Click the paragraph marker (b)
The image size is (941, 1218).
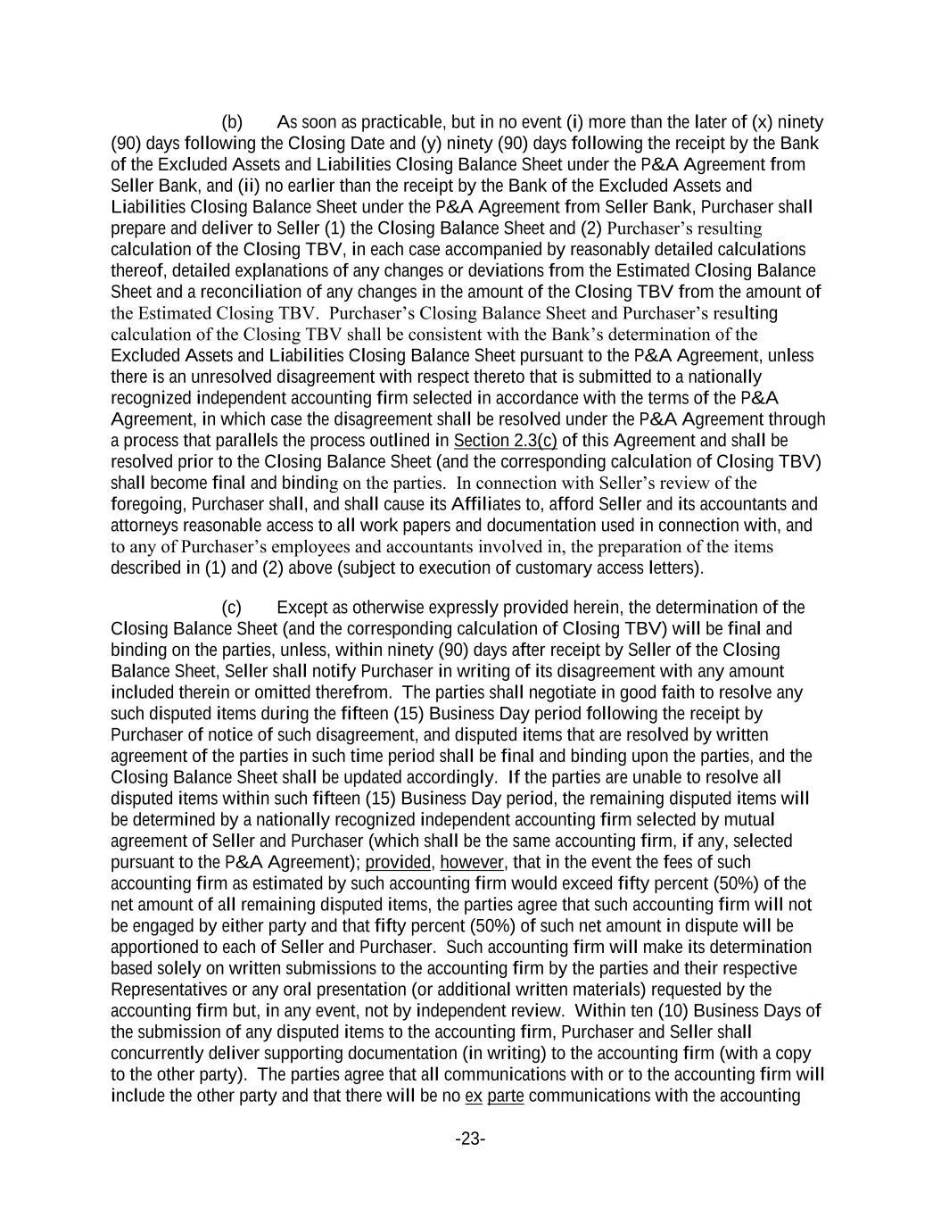pos(232,122)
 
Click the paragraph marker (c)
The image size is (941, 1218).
pos(231,608)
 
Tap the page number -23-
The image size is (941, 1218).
pos(470,1139)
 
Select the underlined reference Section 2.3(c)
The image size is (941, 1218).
pos(505,441)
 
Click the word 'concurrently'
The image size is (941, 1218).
pos(154,1053)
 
